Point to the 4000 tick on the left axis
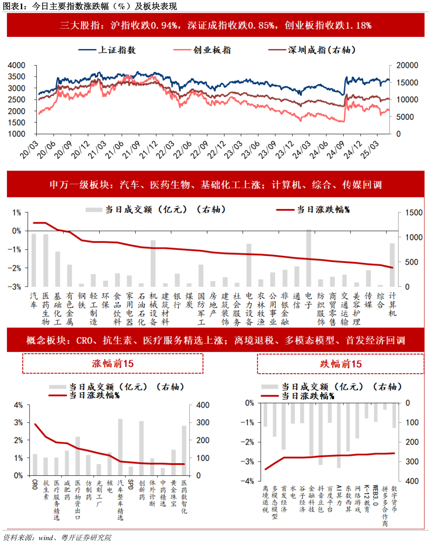click(x=17, y=65)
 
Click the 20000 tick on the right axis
click(x=407, y=65)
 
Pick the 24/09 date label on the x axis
click(x=335, y=149)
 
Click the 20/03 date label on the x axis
click(x=29, y=149)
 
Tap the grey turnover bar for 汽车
click(x=34, y=260)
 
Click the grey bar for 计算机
click(x=392, y=265)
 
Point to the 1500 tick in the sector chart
click(x=413, y=213)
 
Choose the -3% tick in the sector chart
click(x=16, y=287)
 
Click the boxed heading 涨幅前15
click(x=113, y=364)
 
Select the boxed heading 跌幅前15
click(x=340, y=364)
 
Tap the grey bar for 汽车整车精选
click(x=120, y=447)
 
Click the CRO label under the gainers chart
click(x=35, y=484)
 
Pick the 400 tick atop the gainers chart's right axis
click(x=202, y=405)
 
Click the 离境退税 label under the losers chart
click(x=265, y=499)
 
